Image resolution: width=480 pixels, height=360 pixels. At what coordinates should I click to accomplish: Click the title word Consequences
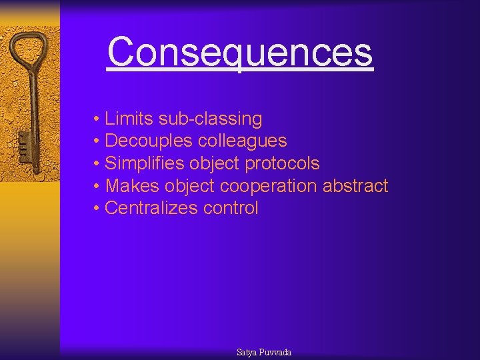239,52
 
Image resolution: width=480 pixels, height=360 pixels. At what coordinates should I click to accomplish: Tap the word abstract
355,186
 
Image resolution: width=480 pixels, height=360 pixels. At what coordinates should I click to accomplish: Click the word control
231,208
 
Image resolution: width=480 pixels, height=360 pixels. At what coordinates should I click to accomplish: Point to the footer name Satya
247,352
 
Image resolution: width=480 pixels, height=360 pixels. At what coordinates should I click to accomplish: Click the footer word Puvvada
275,352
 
